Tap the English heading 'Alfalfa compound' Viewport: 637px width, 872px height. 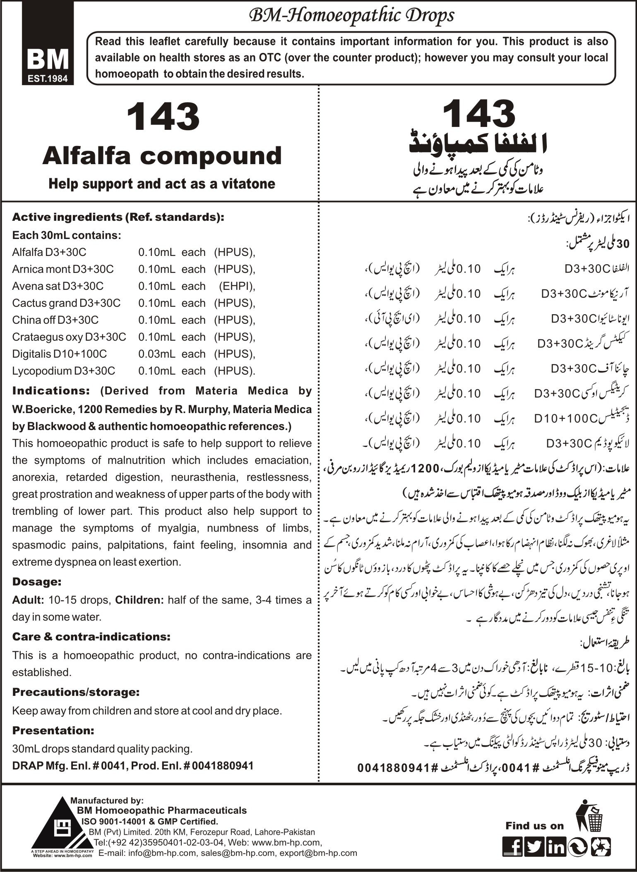point(162,156)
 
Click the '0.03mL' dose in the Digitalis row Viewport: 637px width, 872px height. point(156,354)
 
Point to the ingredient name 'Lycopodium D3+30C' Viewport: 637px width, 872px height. point(64,371)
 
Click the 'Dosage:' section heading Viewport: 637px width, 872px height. point(37,582)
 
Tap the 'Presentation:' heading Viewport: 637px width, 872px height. point(53,731)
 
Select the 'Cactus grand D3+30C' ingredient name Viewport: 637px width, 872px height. point(66,303)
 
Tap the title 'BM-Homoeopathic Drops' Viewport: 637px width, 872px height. point(351,16)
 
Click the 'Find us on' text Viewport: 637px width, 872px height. point(534,826)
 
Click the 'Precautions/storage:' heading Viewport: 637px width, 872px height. point(76,692)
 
